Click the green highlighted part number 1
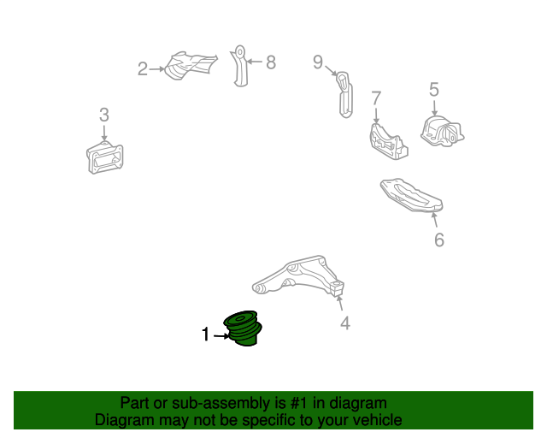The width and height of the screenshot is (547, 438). click(x=243, y=328)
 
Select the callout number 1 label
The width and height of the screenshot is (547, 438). click(x=205, y=334)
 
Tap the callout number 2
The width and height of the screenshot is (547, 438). click(x=143, y=68)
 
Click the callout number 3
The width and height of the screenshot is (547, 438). click(x=104, y=115)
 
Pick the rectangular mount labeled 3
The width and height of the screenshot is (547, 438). click(x=104, y=157)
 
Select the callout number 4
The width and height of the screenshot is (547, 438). click(x=345, y=323)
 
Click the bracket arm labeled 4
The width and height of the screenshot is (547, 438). click(x=298, y=276)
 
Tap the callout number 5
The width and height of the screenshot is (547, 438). click(x=434, y=90)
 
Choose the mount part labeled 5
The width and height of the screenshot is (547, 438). click(x=443, y=132)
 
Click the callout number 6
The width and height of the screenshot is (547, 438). click(x=439, y=240)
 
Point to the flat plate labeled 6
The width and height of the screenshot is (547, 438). click(x=412, y=195)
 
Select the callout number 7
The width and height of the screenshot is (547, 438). click(x=376, y=98)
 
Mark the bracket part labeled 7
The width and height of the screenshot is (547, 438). click(x=388, y=142)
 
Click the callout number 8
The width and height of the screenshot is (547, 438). click(x=271, y=62)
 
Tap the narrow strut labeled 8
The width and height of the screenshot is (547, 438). click(x=239, y=66)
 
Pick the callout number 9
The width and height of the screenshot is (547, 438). click(x=318, y=62)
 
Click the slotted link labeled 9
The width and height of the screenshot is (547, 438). click(x=344, y=95)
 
